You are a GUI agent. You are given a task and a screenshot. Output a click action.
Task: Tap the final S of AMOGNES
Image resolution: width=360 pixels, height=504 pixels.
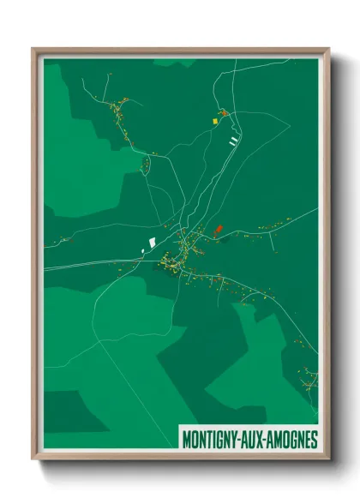pos(314,440)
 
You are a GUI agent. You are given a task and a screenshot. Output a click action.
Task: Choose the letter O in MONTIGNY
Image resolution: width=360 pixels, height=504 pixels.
pos(195,440)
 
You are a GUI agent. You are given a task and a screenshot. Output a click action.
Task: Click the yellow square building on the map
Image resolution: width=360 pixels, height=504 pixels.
pos(215,122)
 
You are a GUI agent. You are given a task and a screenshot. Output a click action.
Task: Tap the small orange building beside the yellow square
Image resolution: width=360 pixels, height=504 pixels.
pos(223,113)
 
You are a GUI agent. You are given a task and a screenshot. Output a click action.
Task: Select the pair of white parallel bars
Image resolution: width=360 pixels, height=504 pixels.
pos(232,140)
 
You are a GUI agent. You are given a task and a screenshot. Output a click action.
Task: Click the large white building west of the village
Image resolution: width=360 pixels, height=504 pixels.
pos(152,243)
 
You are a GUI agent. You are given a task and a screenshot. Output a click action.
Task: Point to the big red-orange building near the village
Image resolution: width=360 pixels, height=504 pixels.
pos(217,230)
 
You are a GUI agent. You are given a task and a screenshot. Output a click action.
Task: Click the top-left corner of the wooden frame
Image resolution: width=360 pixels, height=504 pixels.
pos(33,49)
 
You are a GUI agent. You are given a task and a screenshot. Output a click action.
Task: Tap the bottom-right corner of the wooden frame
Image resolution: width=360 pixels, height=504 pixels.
pos(328,459)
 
